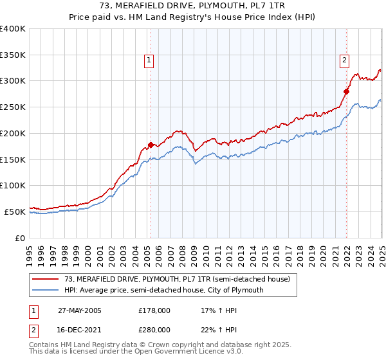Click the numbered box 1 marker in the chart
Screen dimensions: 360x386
pyautogui.click(x=149, y=61)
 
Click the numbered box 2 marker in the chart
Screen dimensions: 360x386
pyautogui.click(x=344, y=61)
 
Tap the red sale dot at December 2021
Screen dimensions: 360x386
pyautogui.click(x=346, y=91)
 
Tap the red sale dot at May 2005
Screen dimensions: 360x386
pyautogui.click(x=151, y=145)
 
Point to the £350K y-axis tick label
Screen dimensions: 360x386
pyautogui.click(x=12, y=55)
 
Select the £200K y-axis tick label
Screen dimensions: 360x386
pyautogui.click(x=12, y=133)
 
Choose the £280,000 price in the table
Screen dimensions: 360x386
pyautogui.click(x=154, y=330)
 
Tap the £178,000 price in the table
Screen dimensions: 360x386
pyautogui.click(x=154, y=310)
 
